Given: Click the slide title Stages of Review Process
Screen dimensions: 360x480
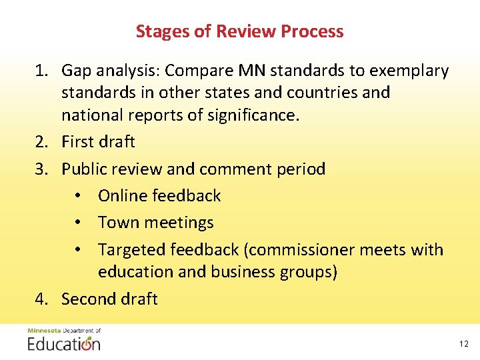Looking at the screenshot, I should pyautogui.click(x=239, y=31).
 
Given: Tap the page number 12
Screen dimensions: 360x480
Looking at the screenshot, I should pyautogui.click(x=464, y=344).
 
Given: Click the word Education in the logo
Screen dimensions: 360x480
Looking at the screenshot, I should pyautogui.click(x=64, y=344).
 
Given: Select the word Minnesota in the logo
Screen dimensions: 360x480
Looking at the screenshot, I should pyautogui.click(x=44, y=331).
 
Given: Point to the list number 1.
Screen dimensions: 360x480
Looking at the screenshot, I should pyautogui.click(x=42, y=71).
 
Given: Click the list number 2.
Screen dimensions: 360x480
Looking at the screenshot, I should pyautogui.click(x=42, y=142).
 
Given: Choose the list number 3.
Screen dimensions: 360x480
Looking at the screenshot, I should pyautogui.click(x=42, y=169).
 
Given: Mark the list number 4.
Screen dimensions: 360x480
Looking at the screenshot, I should pyautogui.click(x=42, y=299).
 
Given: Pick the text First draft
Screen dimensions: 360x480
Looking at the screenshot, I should pyautogui.click(x=98, y=142).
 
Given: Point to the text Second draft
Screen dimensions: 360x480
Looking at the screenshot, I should pyautogui.click(x=109, y=299).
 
